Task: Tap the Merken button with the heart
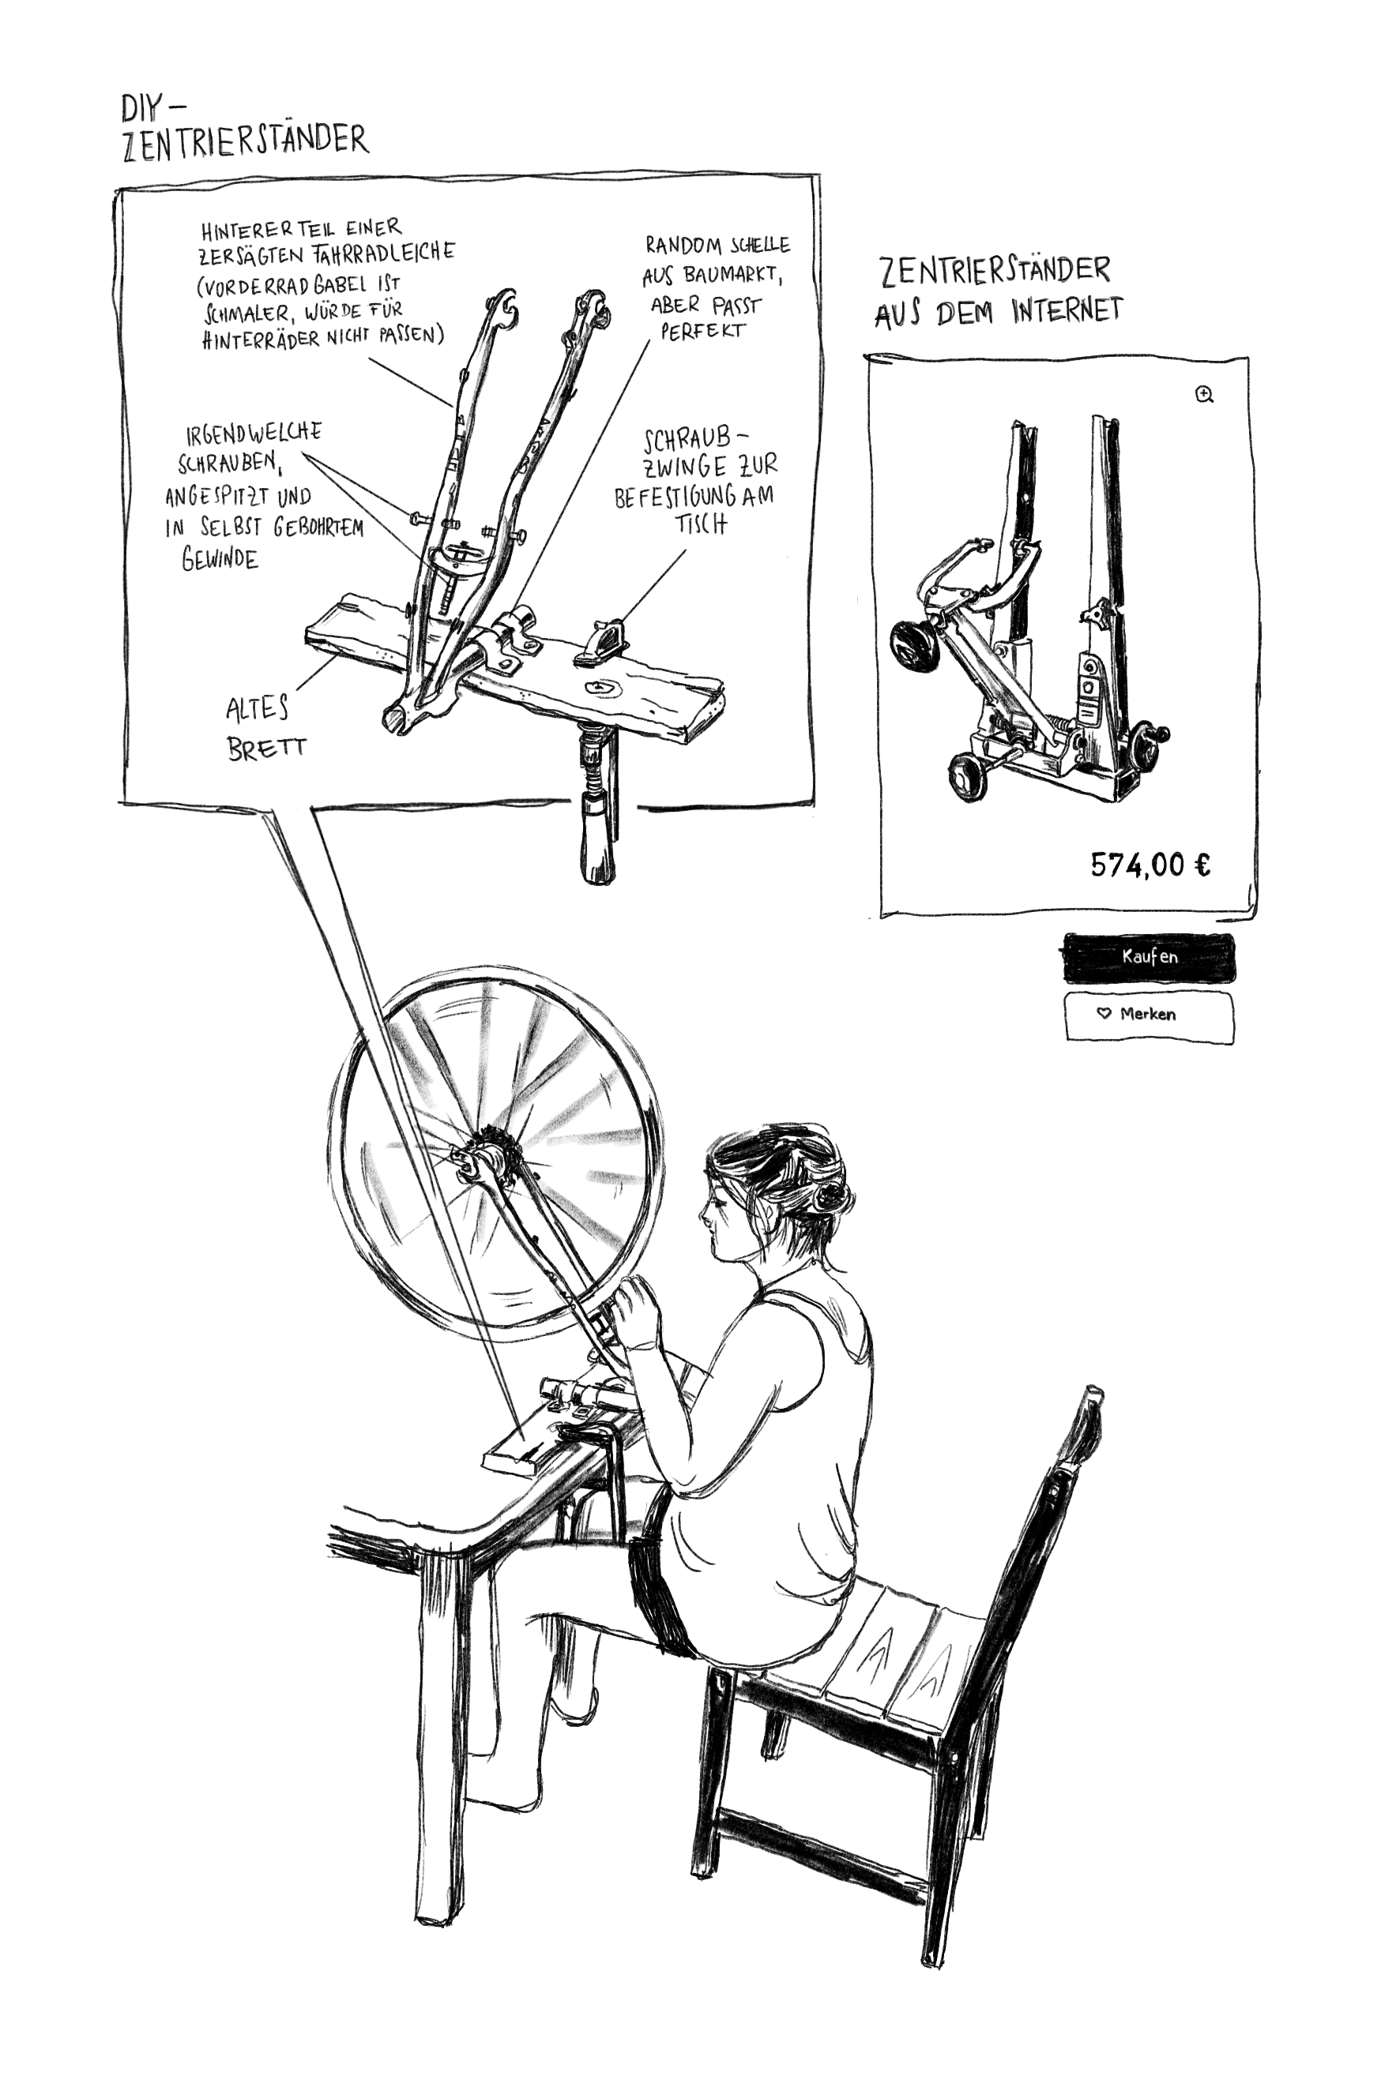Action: tap(1148, 1015)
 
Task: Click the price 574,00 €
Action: tap(1151, 865)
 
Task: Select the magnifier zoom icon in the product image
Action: tap(1205, 395)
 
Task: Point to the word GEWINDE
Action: tap(220, 559)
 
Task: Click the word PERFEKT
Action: tap(703, 332)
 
